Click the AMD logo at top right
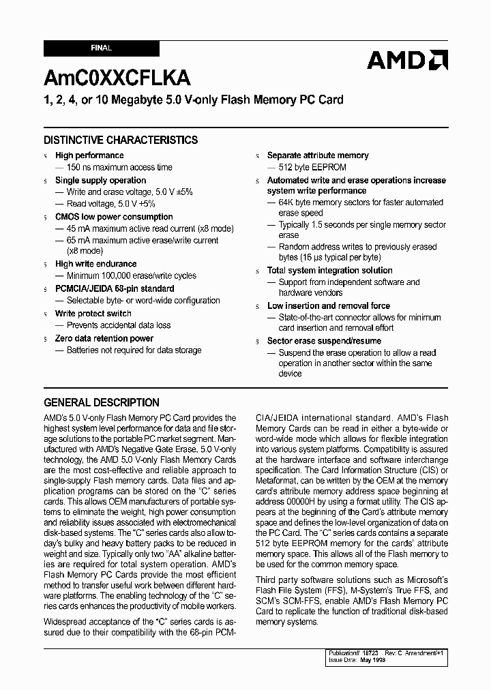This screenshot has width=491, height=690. [x=407, y=61]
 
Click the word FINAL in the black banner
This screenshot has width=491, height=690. [x=101, y=48]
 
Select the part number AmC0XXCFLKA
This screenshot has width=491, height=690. [x=117, y=78]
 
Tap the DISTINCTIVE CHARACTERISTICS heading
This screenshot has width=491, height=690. [x=121, y=140]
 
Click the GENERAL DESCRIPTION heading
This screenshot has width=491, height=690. [x=102, y=402]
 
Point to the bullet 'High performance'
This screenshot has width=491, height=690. [x=89, y=155]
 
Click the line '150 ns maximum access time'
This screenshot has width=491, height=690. [x=119, y=167]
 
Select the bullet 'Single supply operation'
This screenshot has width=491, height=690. [x=100, y=180]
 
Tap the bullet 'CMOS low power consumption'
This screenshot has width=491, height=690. [x=114, y=217]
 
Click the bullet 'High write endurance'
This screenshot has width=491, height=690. [x=95, y=264]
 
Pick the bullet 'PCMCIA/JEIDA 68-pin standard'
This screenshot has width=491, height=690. [x=114, y=288]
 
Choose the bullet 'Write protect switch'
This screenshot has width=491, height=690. [x=93, y=314]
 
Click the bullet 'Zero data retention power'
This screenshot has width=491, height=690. [x=104, y=338]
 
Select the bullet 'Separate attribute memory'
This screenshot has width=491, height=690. [x=317, y=155]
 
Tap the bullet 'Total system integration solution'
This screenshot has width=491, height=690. [x=329, y=270]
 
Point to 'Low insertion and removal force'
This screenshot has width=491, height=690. [x=328, y=305]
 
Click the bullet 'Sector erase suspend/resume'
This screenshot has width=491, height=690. [x=324, y=341]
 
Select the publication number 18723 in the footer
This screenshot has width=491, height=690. [x=370, y=653]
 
